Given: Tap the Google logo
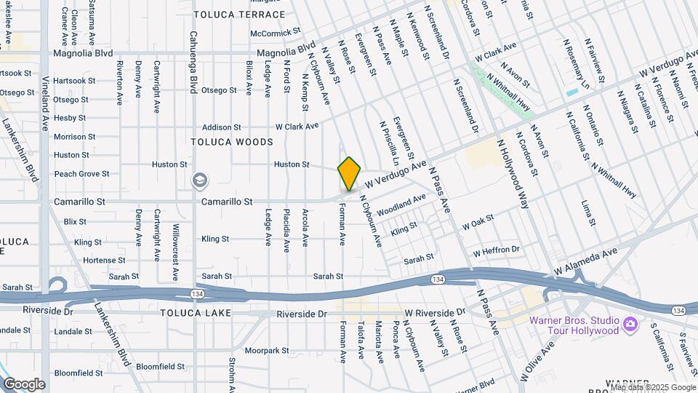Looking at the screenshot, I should (24, 384).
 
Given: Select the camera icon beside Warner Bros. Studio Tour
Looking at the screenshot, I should (630, 323).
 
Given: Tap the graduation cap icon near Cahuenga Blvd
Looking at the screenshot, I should (198, 180).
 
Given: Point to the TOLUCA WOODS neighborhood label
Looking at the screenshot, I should (232, 141).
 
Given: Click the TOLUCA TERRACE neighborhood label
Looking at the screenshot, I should (233, 14).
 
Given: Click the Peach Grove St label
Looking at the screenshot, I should (81, 174).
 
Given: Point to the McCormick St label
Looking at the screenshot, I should (275, 33).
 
